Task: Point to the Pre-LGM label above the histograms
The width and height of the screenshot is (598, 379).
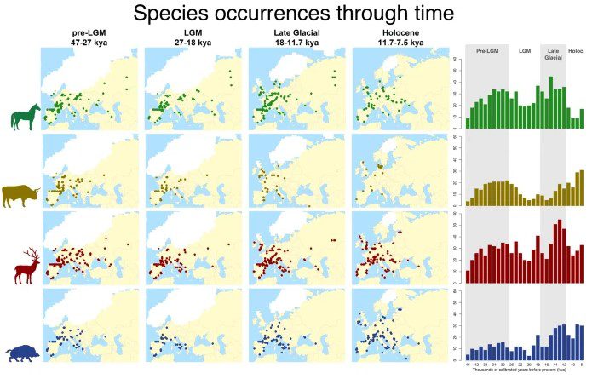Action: tap(486, 51)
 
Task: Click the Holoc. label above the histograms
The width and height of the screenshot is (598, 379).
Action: tap(577, 51)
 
